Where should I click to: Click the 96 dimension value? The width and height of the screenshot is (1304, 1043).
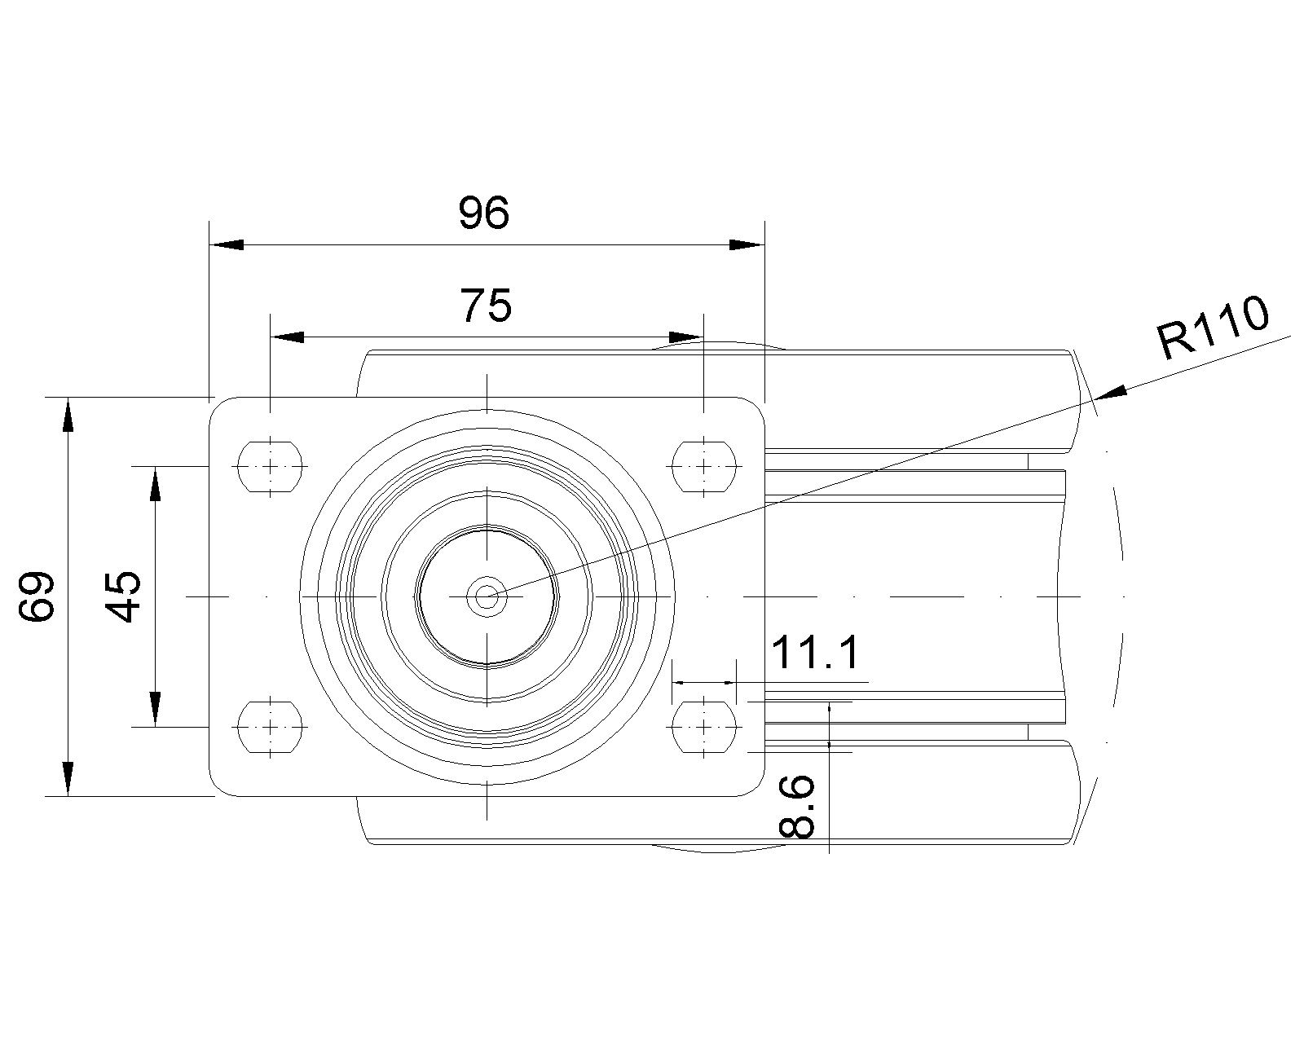pos(483,213)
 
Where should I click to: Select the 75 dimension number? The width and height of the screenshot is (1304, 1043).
pos(487,306)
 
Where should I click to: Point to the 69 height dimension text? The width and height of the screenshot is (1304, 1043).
pos(37,596)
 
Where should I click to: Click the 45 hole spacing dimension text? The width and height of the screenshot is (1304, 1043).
pos(125,596)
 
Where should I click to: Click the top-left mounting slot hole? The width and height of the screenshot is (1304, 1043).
pos(270,467)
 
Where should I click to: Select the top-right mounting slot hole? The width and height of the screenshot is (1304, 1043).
pos(703,467)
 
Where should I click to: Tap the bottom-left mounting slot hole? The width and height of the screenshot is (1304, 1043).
pos(270,725)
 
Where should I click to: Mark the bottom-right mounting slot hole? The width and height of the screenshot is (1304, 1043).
pos(703,725)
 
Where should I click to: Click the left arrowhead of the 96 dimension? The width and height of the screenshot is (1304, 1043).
pos(226,244)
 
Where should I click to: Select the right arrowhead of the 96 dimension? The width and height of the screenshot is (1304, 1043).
pos(747,244)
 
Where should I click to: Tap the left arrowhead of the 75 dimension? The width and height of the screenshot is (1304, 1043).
pos(287,337)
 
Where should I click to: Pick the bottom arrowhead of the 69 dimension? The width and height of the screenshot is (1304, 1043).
pos(68,779)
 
